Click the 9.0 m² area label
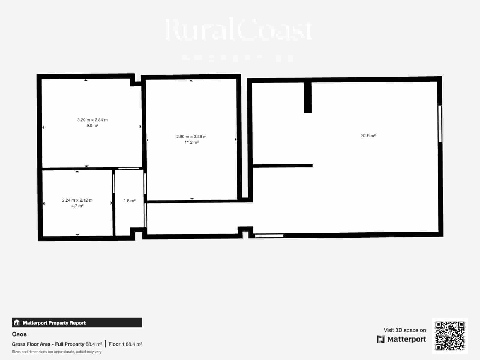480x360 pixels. point(92,126)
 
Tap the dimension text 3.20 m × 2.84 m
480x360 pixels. point(92,120)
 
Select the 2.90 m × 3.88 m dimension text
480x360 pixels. point(191,136)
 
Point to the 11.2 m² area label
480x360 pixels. point(191,142)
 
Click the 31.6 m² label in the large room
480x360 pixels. point(368,136)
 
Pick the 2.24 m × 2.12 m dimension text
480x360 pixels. point(77,200)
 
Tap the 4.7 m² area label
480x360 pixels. point(77,206)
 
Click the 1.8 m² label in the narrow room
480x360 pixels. point(130,201)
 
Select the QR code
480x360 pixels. point(450,336)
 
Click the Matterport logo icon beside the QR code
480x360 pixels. point(381,339)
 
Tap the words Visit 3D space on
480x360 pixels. point(405,330)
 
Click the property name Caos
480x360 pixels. point(19,334)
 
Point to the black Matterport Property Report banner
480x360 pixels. point(77,323)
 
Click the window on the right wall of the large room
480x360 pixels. point(440,123)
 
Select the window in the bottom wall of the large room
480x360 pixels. point(269,236)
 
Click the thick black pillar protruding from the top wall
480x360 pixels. point(308,97)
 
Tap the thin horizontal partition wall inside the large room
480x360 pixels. point(283,166)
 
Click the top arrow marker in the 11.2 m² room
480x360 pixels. point(191,81)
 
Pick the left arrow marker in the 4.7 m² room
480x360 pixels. point(44,203)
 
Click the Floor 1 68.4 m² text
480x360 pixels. point(125,344)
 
